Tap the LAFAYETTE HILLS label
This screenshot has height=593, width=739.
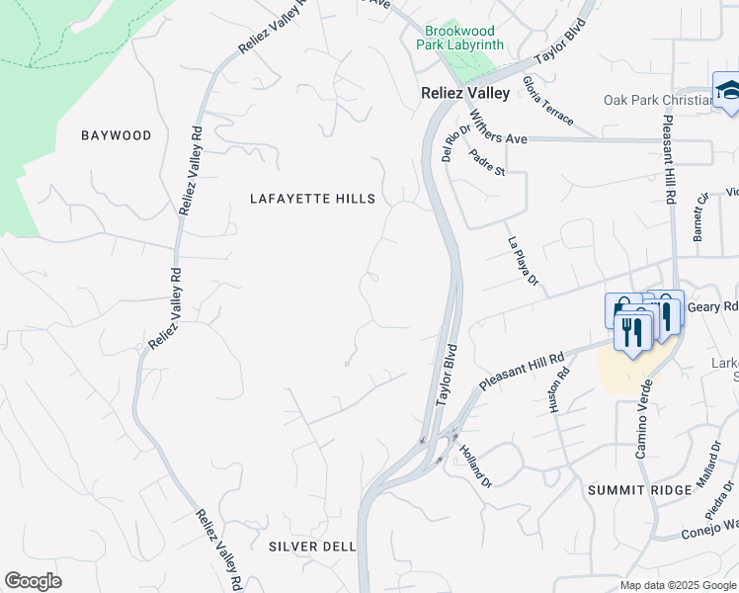(x=312, y=199)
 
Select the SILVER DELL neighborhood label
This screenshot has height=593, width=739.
(x=311, y=546)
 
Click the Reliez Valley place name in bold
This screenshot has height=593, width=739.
(x=459, y=93)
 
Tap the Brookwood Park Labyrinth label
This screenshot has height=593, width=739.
(x=464, y=39)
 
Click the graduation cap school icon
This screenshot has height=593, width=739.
(x=728, y=91)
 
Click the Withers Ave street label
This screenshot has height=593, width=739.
(x=499, y=133)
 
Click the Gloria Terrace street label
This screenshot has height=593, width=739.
(x=547, y=101)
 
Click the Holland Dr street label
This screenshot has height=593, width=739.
(x=474, y=465)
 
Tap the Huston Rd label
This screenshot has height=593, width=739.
(x=561, y=389)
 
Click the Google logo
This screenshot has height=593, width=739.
(x=33, y=581)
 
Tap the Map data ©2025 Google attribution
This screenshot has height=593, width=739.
(x=678, y=585)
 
